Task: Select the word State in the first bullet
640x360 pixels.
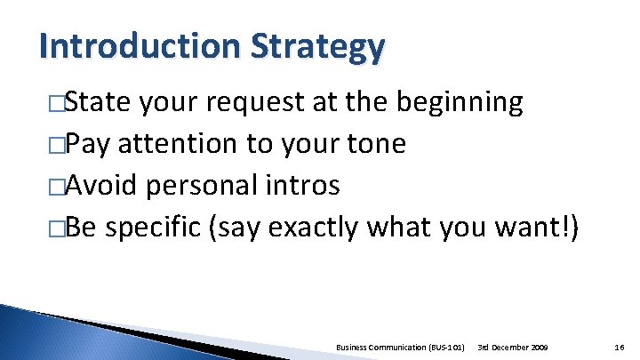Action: tap(97, 103)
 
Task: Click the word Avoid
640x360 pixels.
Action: tap(101, 186)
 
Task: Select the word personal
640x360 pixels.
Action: tap(203, 187)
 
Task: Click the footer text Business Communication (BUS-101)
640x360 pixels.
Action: tap(401, 344)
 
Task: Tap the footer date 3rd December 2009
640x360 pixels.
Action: tap(513, 344)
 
